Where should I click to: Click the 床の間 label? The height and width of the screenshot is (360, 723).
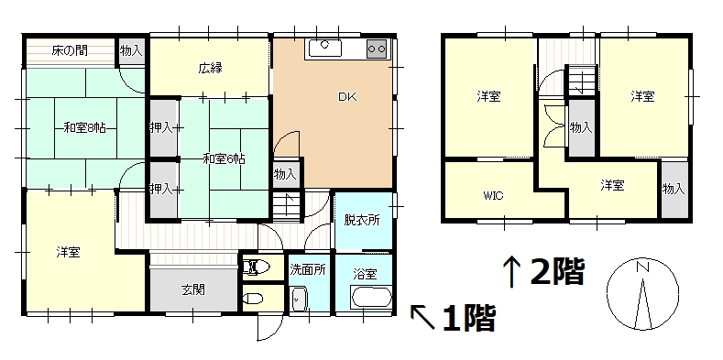70,50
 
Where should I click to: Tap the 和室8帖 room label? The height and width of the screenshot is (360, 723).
85,128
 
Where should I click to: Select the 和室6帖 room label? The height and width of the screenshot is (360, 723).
225,159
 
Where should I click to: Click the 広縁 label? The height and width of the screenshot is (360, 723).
210,69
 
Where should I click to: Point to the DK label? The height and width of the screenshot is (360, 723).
347,97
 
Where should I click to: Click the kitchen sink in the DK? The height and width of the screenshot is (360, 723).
325,48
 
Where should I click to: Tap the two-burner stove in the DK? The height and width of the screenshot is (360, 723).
377,49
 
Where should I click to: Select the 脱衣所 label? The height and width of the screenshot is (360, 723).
362,221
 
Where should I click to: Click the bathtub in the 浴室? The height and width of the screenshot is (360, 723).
371,298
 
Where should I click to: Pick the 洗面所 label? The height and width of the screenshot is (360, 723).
308,269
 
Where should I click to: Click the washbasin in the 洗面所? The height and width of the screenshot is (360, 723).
300,299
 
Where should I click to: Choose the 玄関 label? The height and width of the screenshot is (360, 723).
192,290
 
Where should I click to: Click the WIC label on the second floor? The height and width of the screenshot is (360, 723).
493,195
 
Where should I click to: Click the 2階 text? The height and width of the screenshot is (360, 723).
557,271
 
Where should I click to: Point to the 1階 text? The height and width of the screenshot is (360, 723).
469,318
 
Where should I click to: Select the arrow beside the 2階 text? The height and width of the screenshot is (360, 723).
511,271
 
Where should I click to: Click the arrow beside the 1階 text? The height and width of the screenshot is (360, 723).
422,317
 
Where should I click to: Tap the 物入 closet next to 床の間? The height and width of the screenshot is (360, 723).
131,51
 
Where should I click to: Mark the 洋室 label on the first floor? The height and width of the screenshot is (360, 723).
68,252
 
